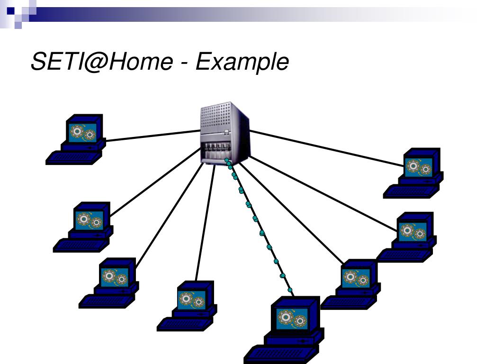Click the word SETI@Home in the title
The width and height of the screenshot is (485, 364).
click(x=102, y=61)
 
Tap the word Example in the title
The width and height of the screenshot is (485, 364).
click(x=242, y=62)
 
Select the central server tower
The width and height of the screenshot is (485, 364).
click(x=225, y=133)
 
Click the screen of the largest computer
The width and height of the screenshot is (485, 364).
click(x=293, y=318)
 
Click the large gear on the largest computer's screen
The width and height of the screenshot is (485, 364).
click(x=285, y=317)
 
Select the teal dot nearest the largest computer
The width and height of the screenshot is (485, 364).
click(x=290, y=290)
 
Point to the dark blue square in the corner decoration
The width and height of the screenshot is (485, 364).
click(x=11, y=11)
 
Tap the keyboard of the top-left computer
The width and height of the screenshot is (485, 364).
click(x=73, y=157)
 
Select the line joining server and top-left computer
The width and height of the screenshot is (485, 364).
click(x=153, y=136)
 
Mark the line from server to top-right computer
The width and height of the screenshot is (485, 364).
click(x=326, y=148)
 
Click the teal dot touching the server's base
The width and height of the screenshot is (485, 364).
click(x=227, y=160)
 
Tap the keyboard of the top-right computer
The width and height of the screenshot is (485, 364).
click(x=411, y=191)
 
